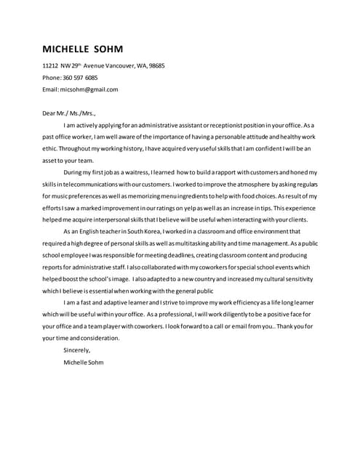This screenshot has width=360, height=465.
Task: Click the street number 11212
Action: [50, 65]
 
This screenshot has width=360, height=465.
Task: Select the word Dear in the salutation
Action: [49, 113]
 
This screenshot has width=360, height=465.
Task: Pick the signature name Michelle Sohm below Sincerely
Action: [84, 362]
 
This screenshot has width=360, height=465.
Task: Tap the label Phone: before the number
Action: [52, 78]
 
